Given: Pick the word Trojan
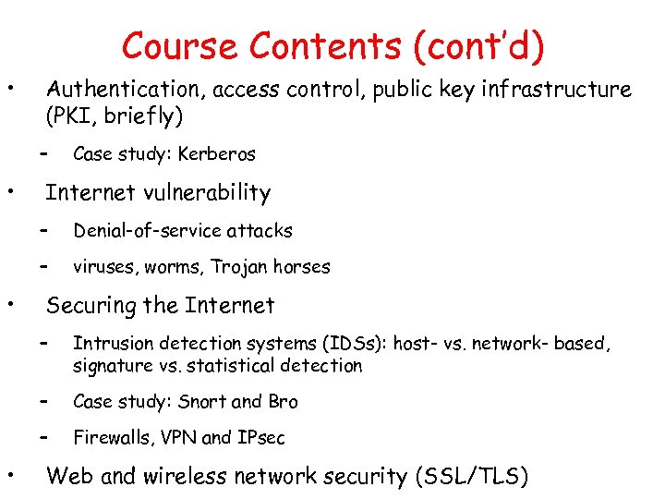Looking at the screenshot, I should pos(239,267).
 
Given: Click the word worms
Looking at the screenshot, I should pos(172,267).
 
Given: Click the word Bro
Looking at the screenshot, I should pos(284,402).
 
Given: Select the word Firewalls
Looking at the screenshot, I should pos(107,437).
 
